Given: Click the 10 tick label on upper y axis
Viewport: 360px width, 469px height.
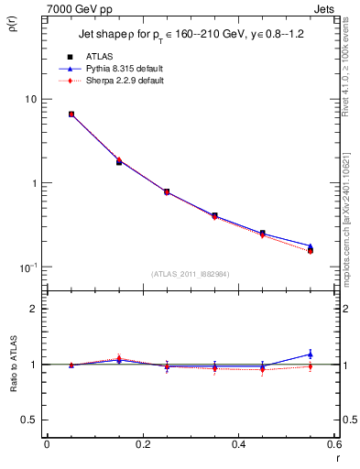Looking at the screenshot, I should point(29,99).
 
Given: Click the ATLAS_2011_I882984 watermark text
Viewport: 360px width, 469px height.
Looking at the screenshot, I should point(191,273).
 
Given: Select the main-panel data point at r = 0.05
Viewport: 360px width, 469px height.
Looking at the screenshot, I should point(71,115).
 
